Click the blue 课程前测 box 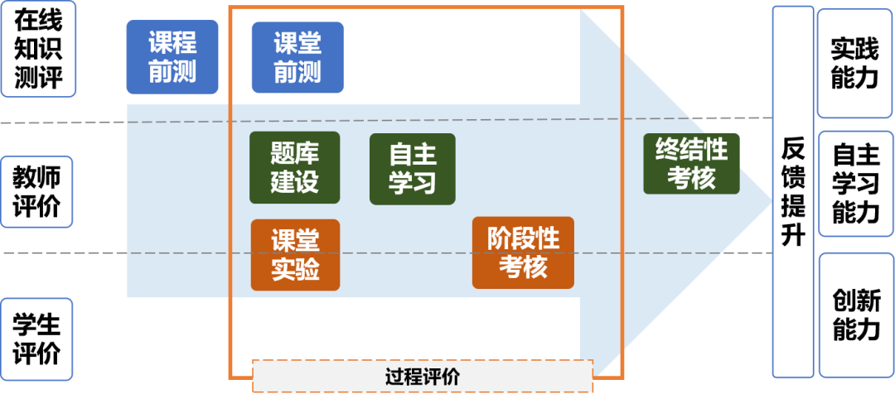[172, 56]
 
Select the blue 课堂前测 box [298, 57]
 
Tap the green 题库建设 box [294, 167]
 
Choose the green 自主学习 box [412, 168]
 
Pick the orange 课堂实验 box [295, 255]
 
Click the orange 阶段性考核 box [523, 252]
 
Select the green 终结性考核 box [691, 164]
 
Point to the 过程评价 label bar [423, 377]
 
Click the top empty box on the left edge [38, 49]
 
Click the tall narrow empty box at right [792, 191]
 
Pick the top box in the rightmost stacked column [854, 63]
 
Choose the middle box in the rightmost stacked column [854, 184]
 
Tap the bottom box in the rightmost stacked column [854, 315]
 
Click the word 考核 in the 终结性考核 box [691, 178]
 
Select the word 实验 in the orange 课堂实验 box [295, 270]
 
